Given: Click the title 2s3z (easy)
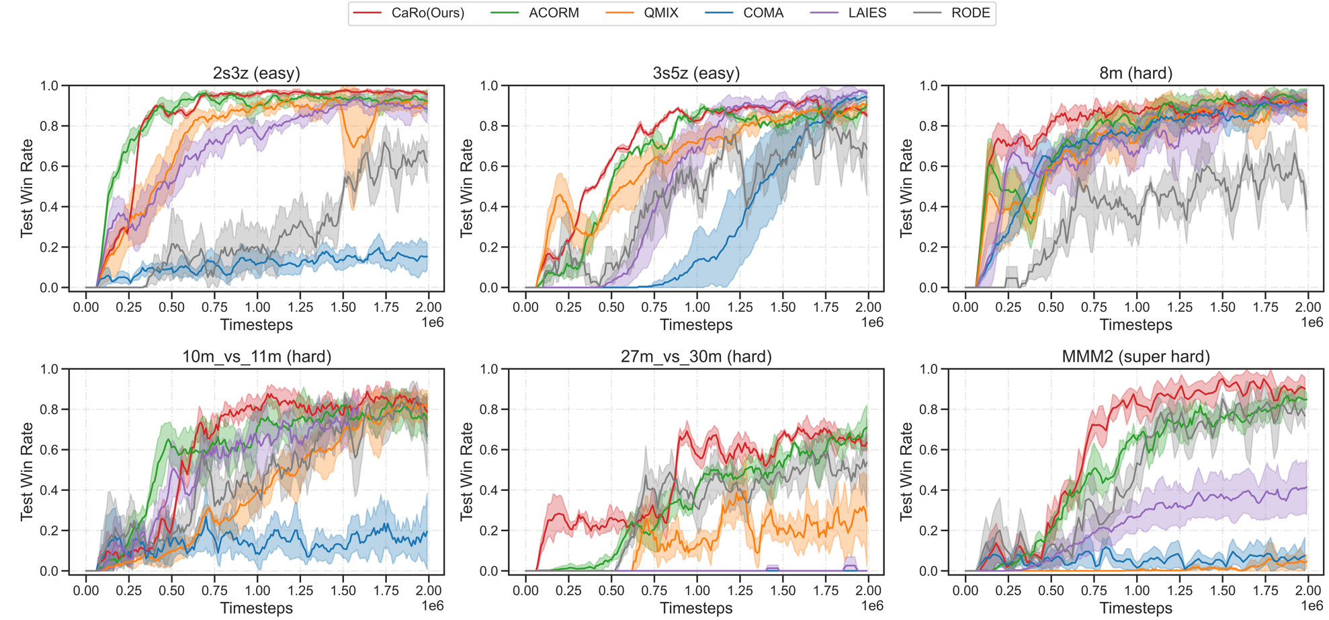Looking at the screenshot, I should tap(257, 73).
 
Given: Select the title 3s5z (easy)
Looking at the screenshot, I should tap(696, 73).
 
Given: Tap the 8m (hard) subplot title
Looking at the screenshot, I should tap(1135, 73).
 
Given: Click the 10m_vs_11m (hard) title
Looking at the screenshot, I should tap(257, 356).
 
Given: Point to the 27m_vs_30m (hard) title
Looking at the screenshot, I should tap(696, 356).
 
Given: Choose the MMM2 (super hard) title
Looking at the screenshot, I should tap(1135, 356).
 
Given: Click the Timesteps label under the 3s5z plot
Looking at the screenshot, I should tap(696, 325).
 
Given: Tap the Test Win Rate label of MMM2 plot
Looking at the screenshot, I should tap(907, 471).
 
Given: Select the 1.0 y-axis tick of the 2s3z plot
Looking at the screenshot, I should tap(50, 86).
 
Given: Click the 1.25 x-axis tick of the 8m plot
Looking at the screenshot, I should tap(1180, 307).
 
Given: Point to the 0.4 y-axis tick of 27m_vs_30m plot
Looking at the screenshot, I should tap(489, 490).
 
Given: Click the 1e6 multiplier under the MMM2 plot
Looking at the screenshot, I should tap(1312, 606).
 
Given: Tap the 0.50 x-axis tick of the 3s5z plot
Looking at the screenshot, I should tap(611, 307).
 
